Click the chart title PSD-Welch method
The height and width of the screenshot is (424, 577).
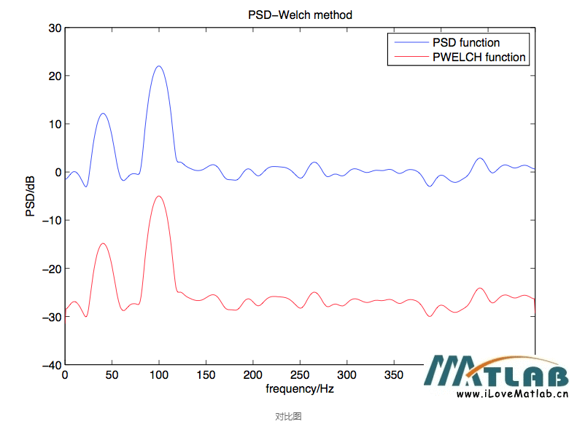[301, 15]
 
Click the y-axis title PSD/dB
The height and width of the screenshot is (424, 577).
[31, 196]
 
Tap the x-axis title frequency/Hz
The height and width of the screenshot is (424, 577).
[300, 389]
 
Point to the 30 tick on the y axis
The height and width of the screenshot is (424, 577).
[54, 28]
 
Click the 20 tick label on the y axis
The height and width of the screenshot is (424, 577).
[54, 76]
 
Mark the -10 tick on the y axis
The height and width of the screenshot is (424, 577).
[52, 221]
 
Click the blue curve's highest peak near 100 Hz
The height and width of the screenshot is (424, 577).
[158, 66]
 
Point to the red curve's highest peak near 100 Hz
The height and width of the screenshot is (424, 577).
[158, 196]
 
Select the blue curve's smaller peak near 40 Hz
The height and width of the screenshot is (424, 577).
[103, 114]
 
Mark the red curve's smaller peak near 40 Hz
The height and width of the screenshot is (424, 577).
[103, 243]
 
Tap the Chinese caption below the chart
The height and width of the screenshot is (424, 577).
[288, 416]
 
